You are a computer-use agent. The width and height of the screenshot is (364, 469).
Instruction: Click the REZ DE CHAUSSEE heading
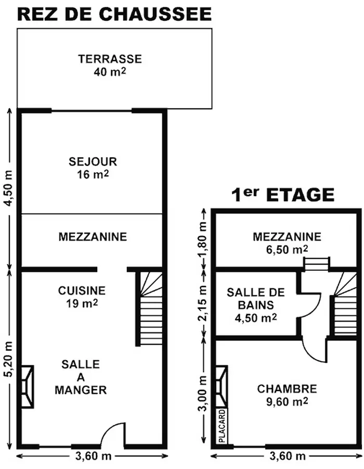click(x=115, y=14)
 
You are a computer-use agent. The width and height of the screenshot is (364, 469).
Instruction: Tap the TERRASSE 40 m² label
click(x=110, y=65)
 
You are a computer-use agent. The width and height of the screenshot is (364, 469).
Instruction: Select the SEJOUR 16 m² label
click(x=93, y=168)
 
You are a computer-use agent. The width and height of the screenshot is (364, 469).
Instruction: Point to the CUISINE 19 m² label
click(x=82, y=297)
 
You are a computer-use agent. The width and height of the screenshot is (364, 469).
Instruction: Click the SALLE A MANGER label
click(x=81, y=377)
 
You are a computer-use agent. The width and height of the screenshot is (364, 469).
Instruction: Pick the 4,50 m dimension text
click(x=9, y=187)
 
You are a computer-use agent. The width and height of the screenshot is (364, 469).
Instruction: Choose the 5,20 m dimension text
click(x=9, y=359)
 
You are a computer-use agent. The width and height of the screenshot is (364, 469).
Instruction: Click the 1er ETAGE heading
click(x=283, y=195)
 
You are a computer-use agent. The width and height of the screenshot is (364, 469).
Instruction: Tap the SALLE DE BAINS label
click(x=256, y=305)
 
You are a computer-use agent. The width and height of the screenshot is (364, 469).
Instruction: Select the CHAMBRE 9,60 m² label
click(x=287, y=395)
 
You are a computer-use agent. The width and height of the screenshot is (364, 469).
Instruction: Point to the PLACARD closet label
click(x=222, y=426)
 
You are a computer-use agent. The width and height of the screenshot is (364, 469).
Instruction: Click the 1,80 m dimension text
click(x=203, y=241)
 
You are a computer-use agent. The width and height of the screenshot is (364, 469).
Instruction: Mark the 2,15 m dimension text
click(x=203, y=303)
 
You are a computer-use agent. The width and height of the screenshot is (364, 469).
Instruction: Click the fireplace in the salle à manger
click(x=27, y=387)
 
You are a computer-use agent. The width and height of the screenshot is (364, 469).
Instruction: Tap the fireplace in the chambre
click(x=222, y=387)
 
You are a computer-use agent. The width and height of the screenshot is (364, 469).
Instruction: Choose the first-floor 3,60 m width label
click(x=288, y=456)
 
